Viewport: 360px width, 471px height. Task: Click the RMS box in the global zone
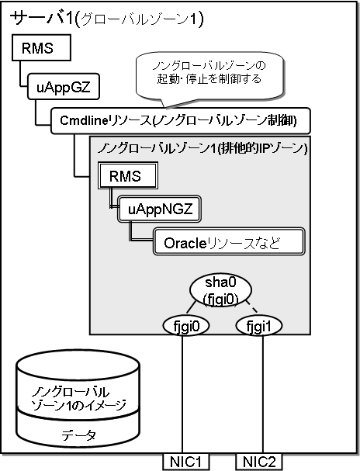point(41,48)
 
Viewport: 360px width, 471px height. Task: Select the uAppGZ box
point(64,86)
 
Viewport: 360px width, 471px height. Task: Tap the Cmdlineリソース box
point(181,121)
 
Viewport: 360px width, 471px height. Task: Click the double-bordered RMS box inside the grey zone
point(128,176)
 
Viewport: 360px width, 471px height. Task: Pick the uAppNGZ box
point(159,210)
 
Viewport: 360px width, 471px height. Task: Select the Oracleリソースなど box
point(229,242)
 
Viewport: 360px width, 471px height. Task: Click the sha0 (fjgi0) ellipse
point(220,290)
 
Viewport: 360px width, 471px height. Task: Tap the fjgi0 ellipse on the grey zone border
point(186,326)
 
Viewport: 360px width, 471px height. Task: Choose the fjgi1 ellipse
point(259,326)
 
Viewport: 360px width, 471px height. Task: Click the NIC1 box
point(186,462)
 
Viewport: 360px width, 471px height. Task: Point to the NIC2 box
point(259,462)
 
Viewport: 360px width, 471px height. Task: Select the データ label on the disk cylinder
point(78,435)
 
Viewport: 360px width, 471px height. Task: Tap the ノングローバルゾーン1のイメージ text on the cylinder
point(78,399)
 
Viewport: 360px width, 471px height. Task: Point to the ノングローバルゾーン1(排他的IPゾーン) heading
point(202,149)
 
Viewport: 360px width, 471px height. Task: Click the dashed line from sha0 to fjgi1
point(251,306)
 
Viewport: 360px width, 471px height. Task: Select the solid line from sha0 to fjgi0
point(190,307)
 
